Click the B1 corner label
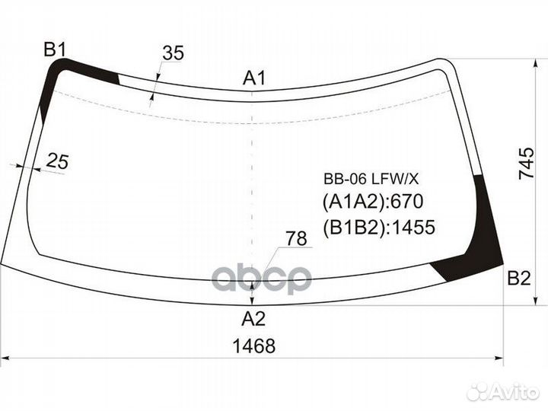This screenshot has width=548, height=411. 55,49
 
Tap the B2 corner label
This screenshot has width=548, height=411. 519,279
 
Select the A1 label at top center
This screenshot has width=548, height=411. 254,78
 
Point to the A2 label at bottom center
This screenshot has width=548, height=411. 253,318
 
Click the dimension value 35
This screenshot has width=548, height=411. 173,53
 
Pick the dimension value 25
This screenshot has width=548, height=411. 57,161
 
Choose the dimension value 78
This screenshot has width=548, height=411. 296,239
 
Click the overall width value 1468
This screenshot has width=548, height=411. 254,346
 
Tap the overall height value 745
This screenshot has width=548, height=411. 527,164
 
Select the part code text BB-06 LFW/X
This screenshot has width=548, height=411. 371,180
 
